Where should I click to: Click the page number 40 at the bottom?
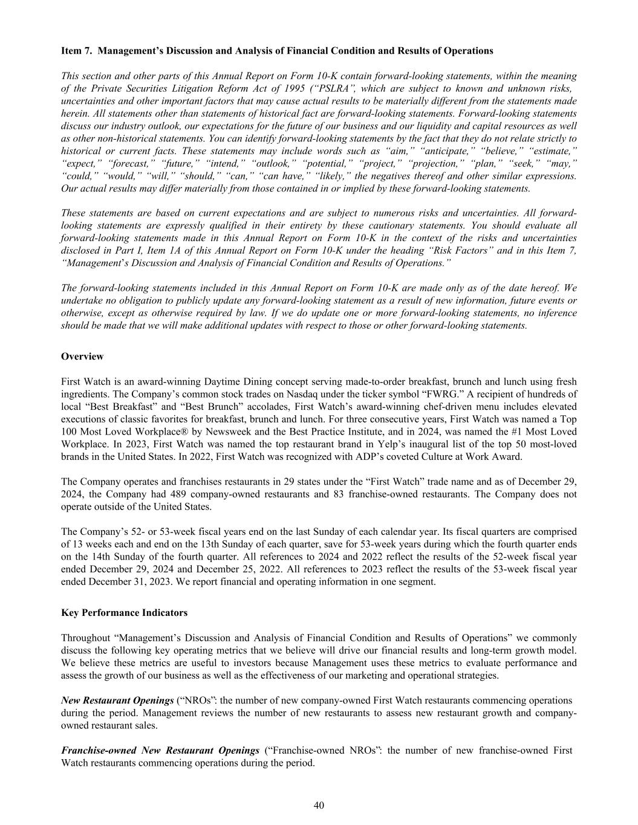(x=319, y=804)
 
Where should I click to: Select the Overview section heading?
(x=82, y=357)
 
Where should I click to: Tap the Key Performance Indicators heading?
(x=124, y=612)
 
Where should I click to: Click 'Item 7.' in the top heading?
(x=77, y=51)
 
